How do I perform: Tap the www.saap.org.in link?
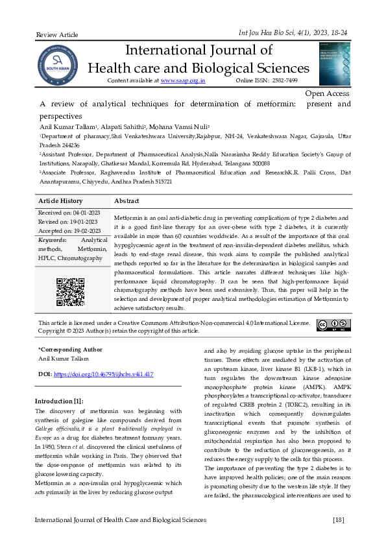[182, 80]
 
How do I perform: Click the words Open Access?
[327, 94]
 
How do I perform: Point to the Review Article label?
[56, 34]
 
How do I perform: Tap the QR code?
[70, 292]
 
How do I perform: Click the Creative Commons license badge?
[333, 324]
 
